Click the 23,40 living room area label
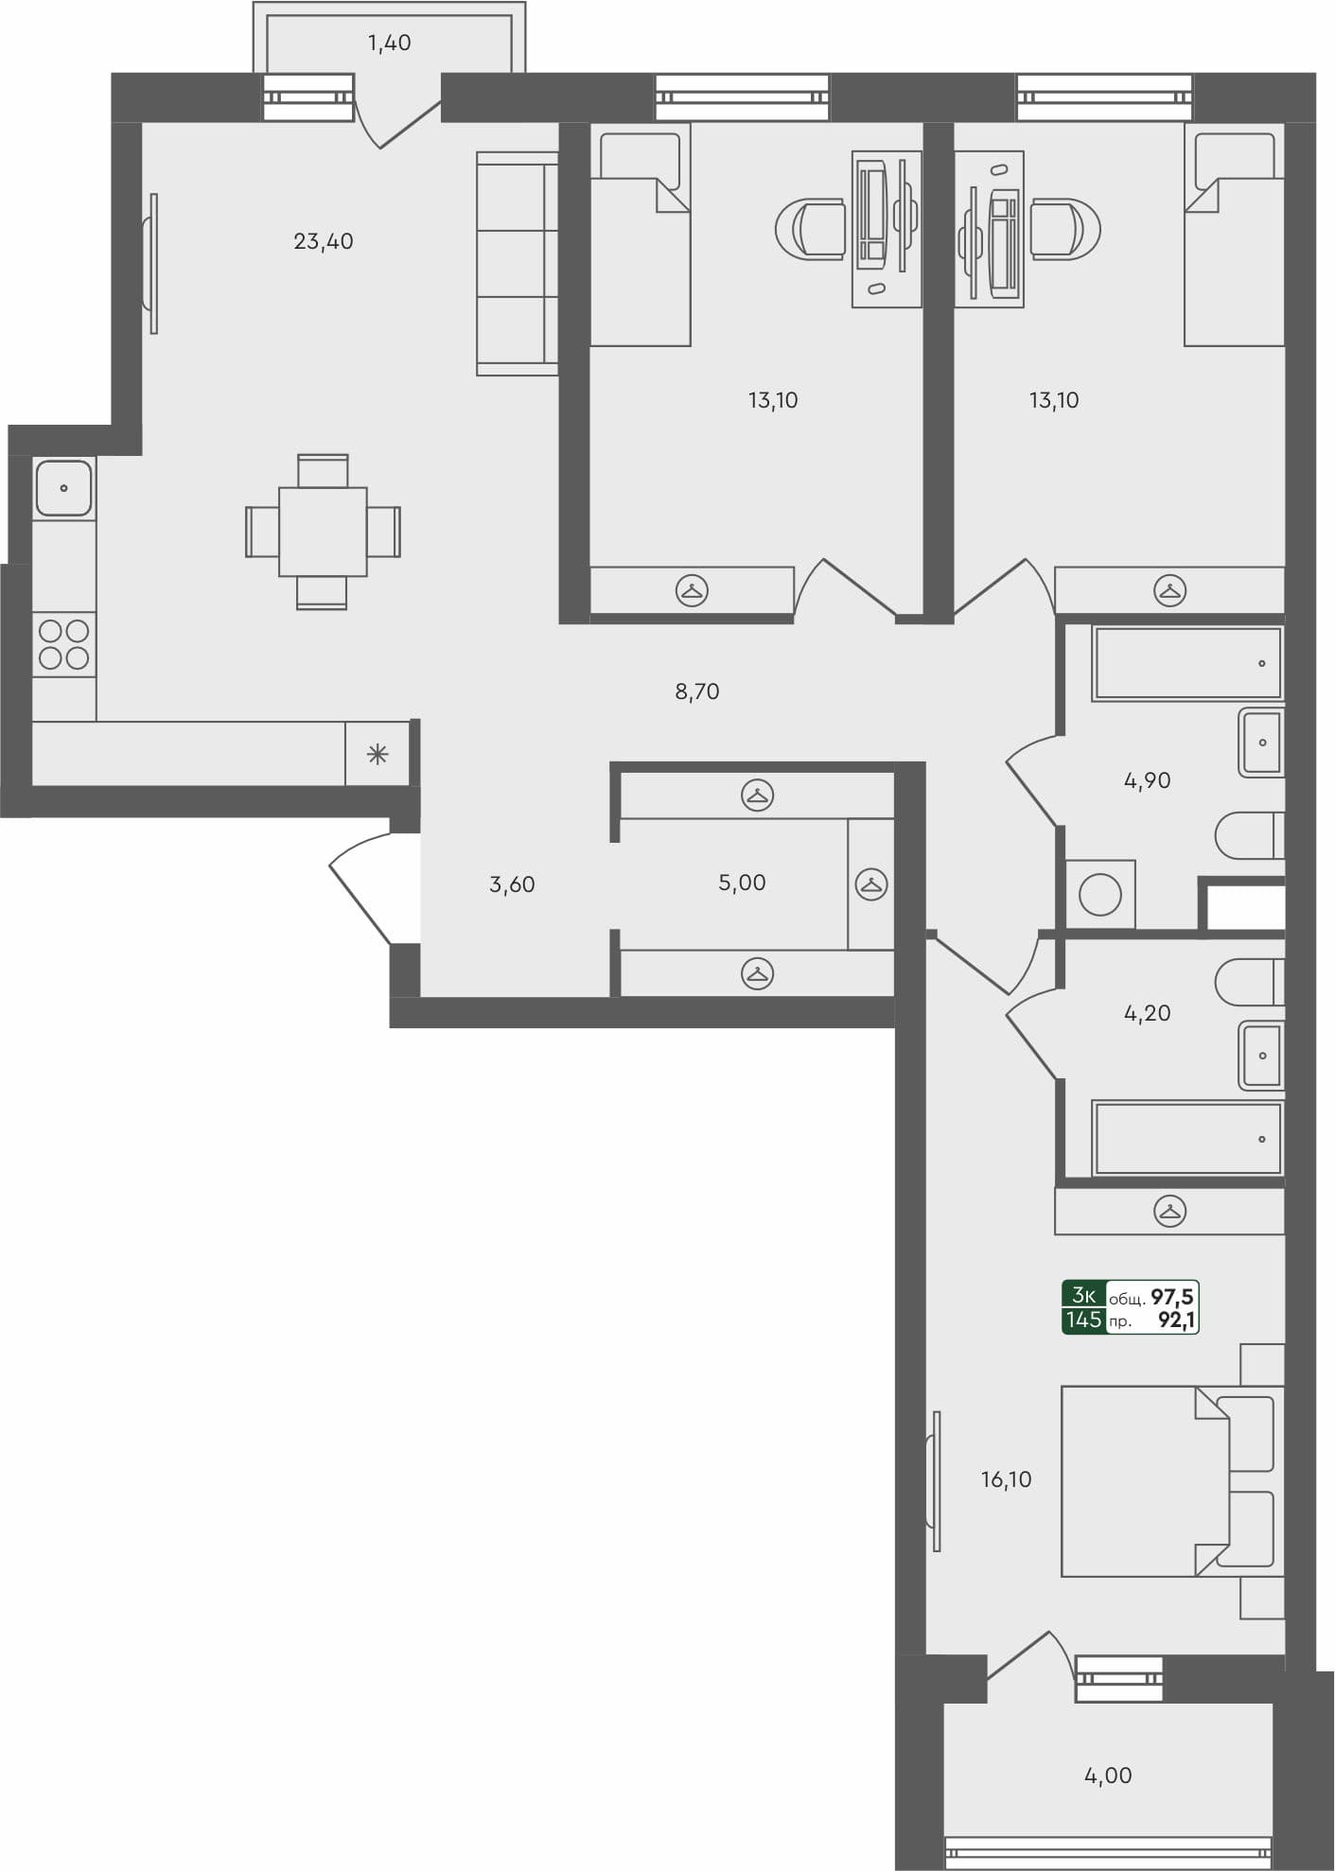coord(323,241)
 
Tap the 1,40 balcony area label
coord(389,43)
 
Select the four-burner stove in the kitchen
coord(64,644)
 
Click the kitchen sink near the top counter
coord(64,488)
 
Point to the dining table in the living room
coord(323,532)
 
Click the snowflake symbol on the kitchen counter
coord(378,754)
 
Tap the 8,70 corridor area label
coord(696,691)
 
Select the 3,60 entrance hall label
coord(512,884)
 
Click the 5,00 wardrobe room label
coord(742,883)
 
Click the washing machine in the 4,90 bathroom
coord(1099,894)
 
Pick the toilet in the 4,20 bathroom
coord(1249,983)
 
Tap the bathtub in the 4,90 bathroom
coord(1188,663)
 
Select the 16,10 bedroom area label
coord(1006,1479)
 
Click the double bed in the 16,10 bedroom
coord(1145,1481)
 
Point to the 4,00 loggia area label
coord(1107,1775)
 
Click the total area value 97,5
coord(1171,1297)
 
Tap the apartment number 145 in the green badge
coord(1083,1320)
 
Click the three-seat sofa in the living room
coord(517,264)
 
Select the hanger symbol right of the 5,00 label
coord(870,884)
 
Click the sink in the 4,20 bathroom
coord(1261,1056)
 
